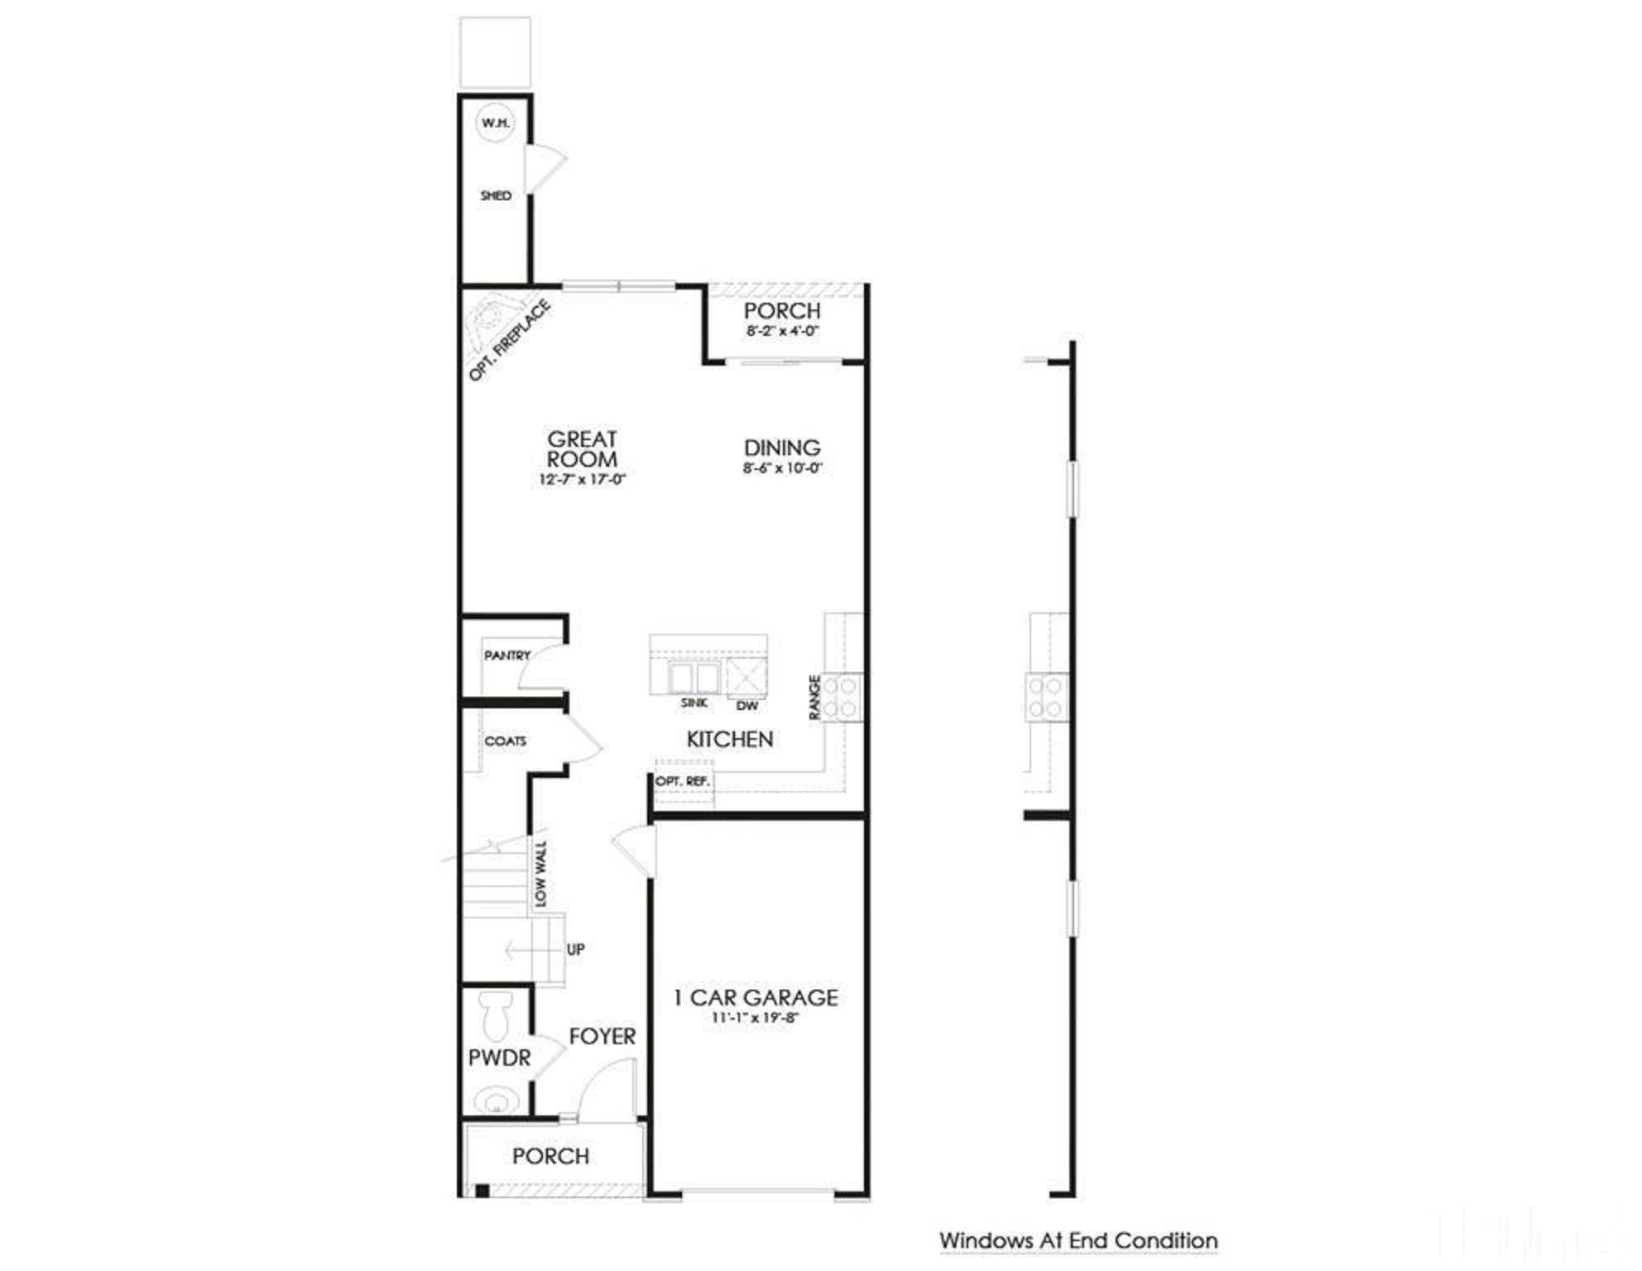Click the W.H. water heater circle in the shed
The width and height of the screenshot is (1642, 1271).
point(496,123)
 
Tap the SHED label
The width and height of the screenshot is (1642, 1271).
point(496,195)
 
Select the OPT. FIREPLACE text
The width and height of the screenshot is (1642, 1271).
point(509,340)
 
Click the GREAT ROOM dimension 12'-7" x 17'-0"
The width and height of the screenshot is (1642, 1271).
point(582,479)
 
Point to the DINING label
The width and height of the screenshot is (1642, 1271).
point(782,448)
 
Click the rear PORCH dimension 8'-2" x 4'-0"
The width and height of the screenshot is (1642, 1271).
point(782,331)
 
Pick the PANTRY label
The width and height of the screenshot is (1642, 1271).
point(507,655)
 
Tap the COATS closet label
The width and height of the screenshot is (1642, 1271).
point(505,741)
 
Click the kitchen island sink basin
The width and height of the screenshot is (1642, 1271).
point(694,678)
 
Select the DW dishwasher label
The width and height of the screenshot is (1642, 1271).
point(747,706)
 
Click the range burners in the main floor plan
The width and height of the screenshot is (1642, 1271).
point(841,696)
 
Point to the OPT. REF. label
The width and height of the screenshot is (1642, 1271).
point(683,781)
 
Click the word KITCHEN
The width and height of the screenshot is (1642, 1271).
point(730,739)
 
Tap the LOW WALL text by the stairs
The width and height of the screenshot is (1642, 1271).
point(540,874)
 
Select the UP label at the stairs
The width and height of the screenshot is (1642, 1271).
point(576,949)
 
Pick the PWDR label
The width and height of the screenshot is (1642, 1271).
point(499,1058)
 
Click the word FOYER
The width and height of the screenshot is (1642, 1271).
point(603,1036)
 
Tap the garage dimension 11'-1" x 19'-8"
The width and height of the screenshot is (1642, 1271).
point(755,1018)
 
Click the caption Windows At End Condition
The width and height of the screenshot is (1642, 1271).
point(1078,1240)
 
